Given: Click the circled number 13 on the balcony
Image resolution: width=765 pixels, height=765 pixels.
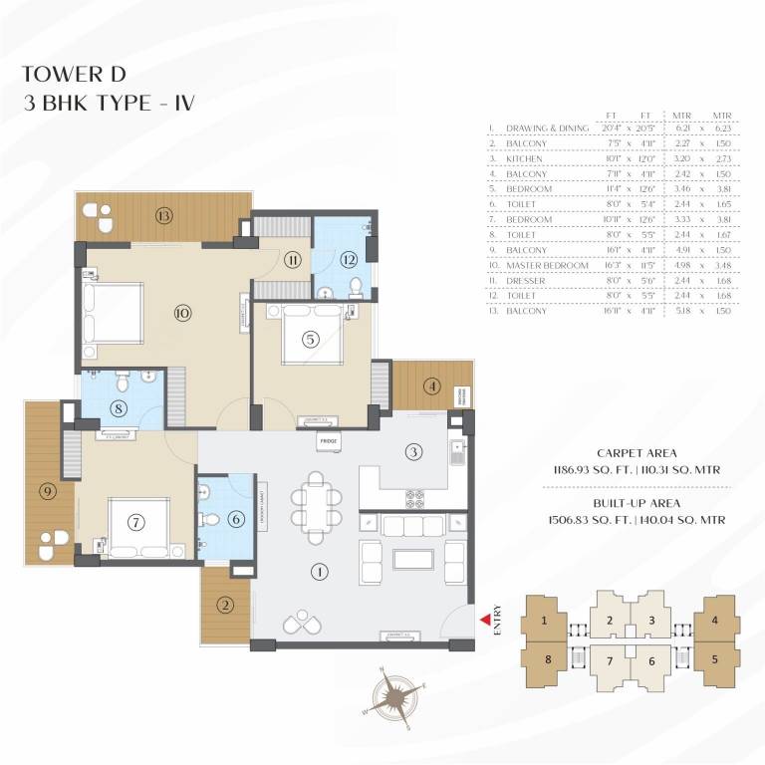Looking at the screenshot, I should (x=163, y=215).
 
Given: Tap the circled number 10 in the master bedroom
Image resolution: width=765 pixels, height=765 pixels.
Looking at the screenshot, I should (x=181, y=313).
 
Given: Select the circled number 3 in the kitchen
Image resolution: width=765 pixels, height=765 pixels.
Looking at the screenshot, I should (x=411, y=452).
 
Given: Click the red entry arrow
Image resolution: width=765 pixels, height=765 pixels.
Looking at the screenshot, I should (x=485, y=620).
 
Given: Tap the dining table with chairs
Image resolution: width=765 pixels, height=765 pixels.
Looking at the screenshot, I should (x=317, y=506).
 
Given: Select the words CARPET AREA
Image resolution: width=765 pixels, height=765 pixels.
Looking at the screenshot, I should (x=623, y=451).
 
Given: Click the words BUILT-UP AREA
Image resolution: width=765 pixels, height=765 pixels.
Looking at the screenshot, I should (x=623, y=503).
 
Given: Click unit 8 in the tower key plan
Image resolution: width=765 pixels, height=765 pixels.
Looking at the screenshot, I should (x=545, y=659).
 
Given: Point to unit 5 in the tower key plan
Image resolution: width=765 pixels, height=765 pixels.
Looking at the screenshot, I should (x=714, y=659).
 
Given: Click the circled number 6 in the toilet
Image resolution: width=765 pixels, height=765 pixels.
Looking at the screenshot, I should (x=235, y=518).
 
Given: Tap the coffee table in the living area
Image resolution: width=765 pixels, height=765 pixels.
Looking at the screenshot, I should (x=413, y=558).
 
